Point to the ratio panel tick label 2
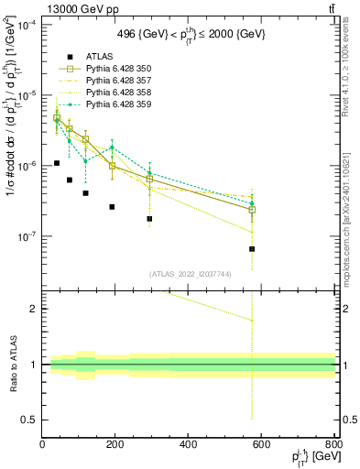coord(35,309)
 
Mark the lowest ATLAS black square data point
coord(252,248)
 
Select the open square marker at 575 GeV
coord(252,210)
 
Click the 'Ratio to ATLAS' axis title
coord(12,365)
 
